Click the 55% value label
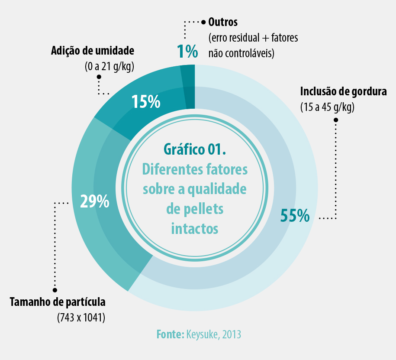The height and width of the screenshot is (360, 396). click(295, 215)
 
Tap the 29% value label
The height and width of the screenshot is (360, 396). click(94, 202)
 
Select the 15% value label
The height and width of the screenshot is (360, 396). click(146, 102)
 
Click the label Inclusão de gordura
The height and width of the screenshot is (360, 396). click(343, 92)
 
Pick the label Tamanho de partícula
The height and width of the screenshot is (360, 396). click(58, 302)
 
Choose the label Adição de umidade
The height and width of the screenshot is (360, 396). click(93, 51)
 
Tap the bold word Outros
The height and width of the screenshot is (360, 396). click(223, 21)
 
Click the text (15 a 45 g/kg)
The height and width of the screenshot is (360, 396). click(327, 107)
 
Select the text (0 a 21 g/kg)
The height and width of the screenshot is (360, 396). click(109, 66)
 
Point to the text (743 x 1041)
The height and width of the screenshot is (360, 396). click(81, 318)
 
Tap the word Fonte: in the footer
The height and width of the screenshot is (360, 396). click(171, 334)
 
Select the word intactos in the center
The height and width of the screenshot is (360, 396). click(195, 228)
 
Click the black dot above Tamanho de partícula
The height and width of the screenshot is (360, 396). click(55, 290)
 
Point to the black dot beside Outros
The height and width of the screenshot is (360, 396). click(203, 21)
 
